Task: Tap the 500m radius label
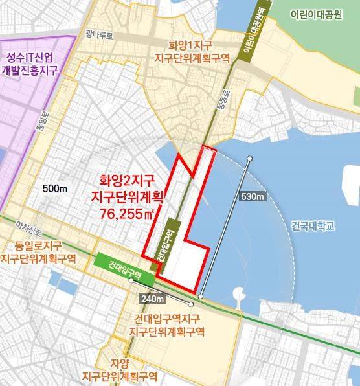click(x=56, y=188)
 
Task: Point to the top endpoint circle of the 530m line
click(x=249, y=158)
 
